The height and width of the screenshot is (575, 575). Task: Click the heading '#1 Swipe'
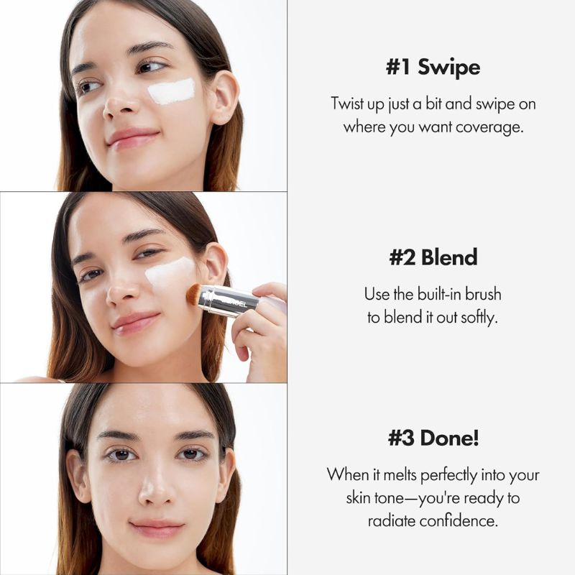pos(433,68)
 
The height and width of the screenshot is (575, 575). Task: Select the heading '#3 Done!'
pos(433,438)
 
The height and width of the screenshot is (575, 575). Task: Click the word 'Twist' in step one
pos(346,103)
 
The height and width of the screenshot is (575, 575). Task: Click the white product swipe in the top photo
pos(172,91)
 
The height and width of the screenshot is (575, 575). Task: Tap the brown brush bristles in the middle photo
pos(192,294)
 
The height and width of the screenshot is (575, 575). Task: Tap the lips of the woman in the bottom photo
pos(157,529)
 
